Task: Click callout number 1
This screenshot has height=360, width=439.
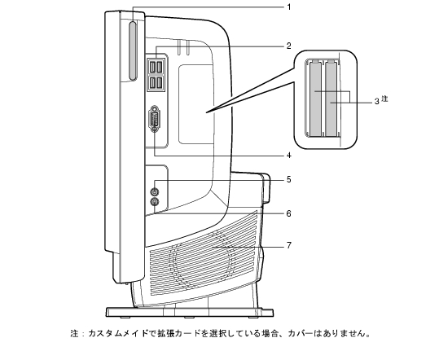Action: (x=289, y=7)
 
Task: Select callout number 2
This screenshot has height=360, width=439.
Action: (x=288, y=46)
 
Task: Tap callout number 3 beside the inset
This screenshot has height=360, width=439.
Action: (x=377, y=101)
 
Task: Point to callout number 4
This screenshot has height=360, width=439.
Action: (x=288, y=155)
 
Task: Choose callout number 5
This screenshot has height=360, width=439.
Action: (x=288, y=179)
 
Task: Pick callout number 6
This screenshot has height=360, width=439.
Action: (x=288, y=213)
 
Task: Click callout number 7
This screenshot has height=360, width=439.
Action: (x=288, y=245)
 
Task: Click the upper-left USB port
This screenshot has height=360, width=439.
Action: (x=153, y=67)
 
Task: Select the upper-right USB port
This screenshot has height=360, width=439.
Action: (x=160, y=67)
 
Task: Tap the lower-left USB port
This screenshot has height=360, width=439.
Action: (x=153, y=82)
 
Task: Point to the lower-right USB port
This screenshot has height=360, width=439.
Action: (x=160, y=82)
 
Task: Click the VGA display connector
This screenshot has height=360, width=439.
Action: (x=154, y=119)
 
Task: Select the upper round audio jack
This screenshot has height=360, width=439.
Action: (x=154, y=191)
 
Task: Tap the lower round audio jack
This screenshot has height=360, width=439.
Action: (x=154, y=201)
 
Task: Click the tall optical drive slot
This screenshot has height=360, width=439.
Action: (x=133, y=51)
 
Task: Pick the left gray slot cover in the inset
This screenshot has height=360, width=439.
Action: (x=315, y=99)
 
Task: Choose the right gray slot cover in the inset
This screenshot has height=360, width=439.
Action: (x=331, y=99)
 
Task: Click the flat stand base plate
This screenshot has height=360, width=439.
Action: (x=190, y=313)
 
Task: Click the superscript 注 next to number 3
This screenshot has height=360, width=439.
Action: (x=385, y=99)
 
